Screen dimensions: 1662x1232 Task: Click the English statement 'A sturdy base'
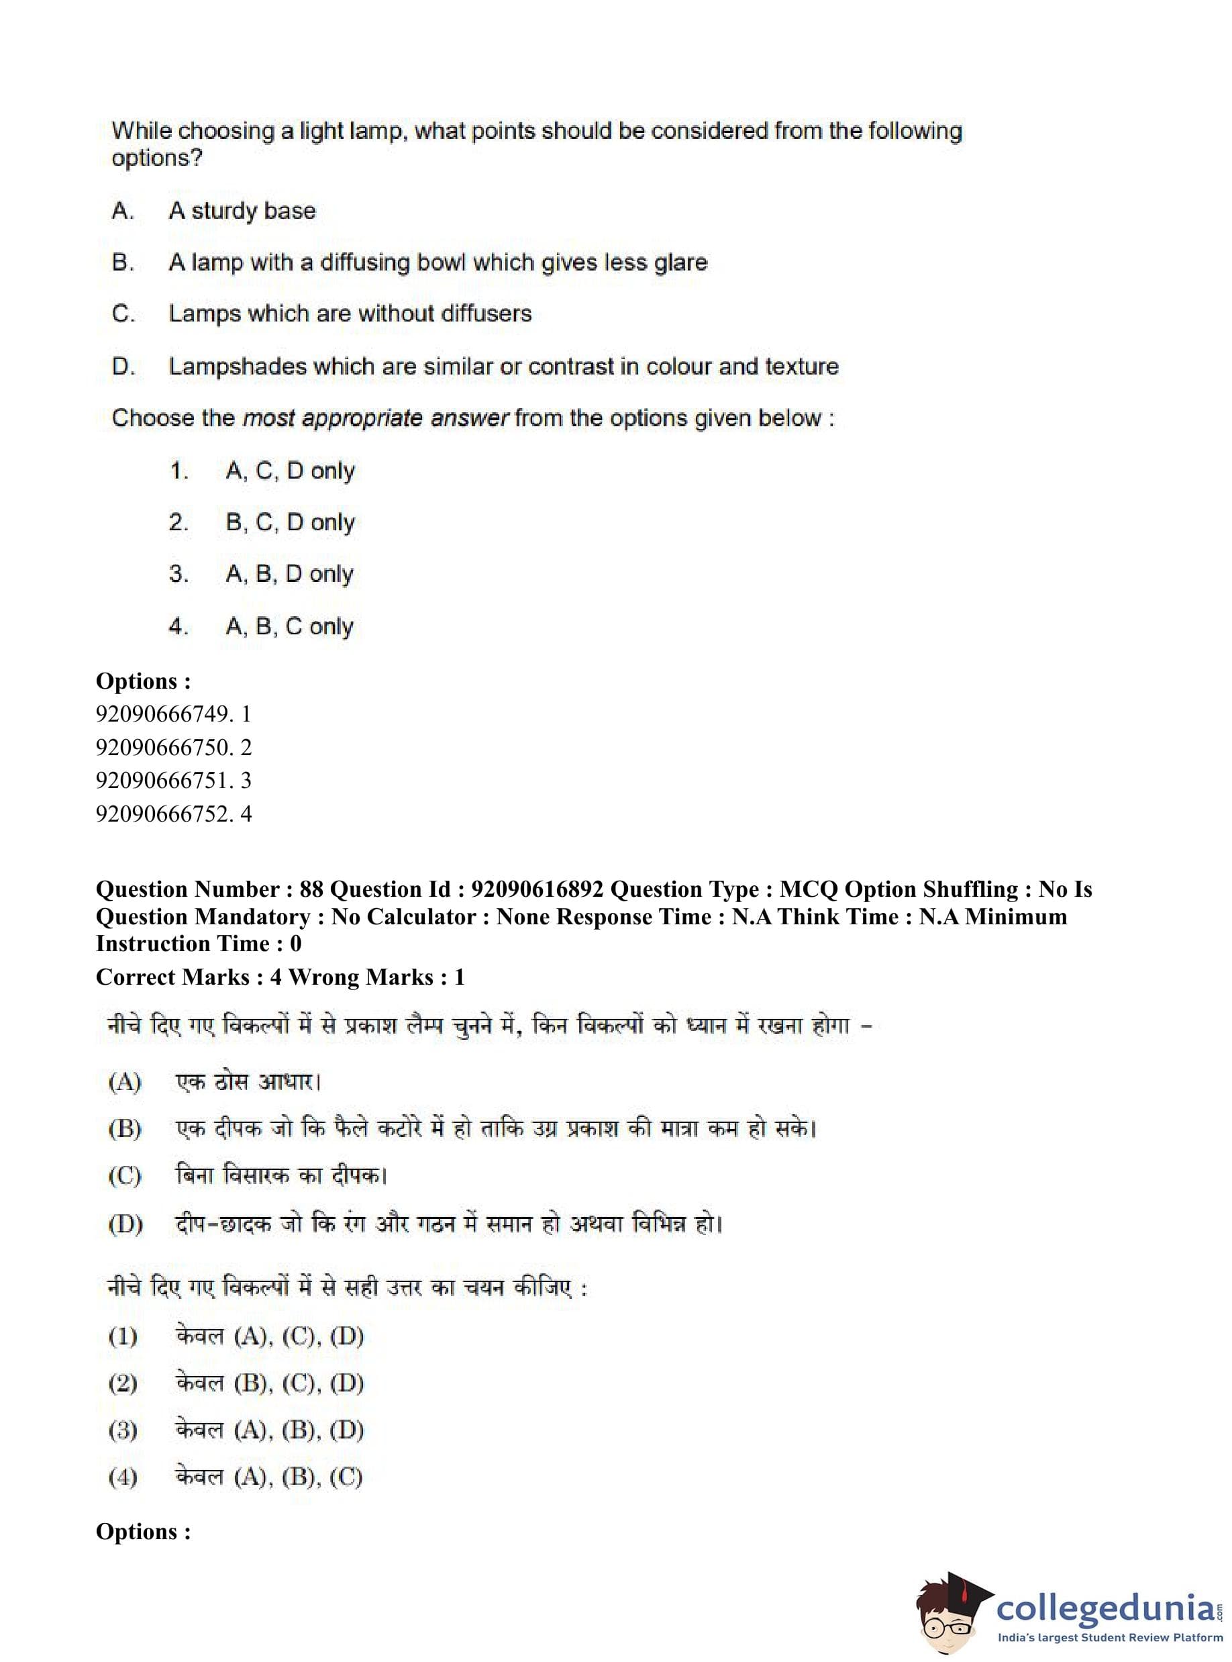242,211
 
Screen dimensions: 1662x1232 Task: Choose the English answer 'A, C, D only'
290,471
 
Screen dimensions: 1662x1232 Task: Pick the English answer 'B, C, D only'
290,522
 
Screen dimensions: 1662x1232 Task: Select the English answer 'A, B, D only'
289,574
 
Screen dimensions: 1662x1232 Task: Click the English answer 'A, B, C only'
289,627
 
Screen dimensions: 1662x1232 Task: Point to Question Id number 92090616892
537,889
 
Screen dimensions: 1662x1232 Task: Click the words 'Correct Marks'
172,977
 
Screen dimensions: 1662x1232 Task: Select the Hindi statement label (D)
125,1224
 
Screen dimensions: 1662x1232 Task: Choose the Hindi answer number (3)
123,1430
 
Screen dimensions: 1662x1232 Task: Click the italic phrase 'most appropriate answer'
376,418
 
